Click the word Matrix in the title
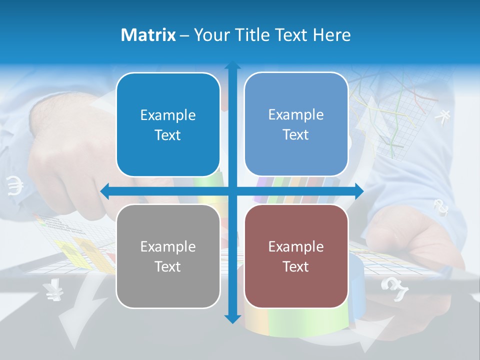[x=148, y=35]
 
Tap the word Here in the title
[x=331, y=35]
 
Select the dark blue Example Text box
[x=168, y=125]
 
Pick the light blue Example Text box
[x=296, y=124]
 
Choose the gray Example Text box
[x=168, y=256]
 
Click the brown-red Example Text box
[x=296, y=256]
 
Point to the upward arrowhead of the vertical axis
[x=232, y=65]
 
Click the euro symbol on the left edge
[x=15, y=186]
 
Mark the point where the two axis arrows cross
[x=232, y=191]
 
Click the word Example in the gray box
[x=168, y=246]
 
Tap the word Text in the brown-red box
[x=296, y=266]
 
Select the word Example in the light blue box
[x=296, y=114]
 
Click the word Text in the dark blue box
[x=168, y=135]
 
